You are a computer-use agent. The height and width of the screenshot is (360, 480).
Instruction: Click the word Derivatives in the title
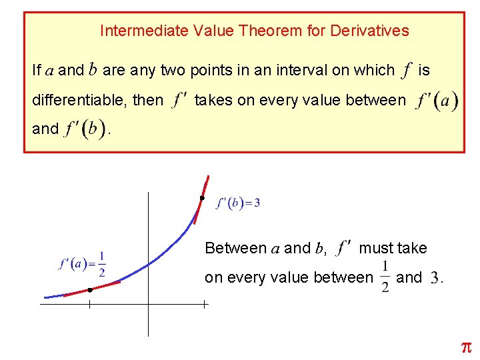(369, 31)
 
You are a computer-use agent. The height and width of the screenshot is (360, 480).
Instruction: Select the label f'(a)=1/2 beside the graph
(83, 264)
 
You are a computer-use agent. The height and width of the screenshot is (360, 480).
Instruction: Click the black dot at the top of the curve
(202, 198)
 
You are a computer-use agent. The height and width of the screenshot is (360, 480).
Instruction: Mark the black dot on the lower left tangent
(89, 290)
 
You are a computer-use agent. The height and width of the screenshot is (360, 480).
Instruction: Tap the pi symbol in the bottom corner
(466, 347)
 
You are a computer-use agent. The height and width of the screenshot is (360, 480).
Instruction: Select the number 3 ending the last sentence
(435, 278)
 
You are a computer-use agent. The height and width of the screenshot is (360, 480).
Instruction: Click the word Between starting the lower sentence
(235, 249)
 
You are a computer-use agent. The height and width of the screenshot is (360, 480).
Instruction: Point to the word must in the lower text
(375, 249)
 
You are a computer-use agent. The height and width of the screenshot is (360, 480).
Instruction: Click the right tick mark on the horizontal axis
(203, 305)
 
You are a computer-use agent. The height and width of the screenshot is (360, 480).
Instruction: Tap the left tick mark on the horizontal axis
(89, 305)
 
